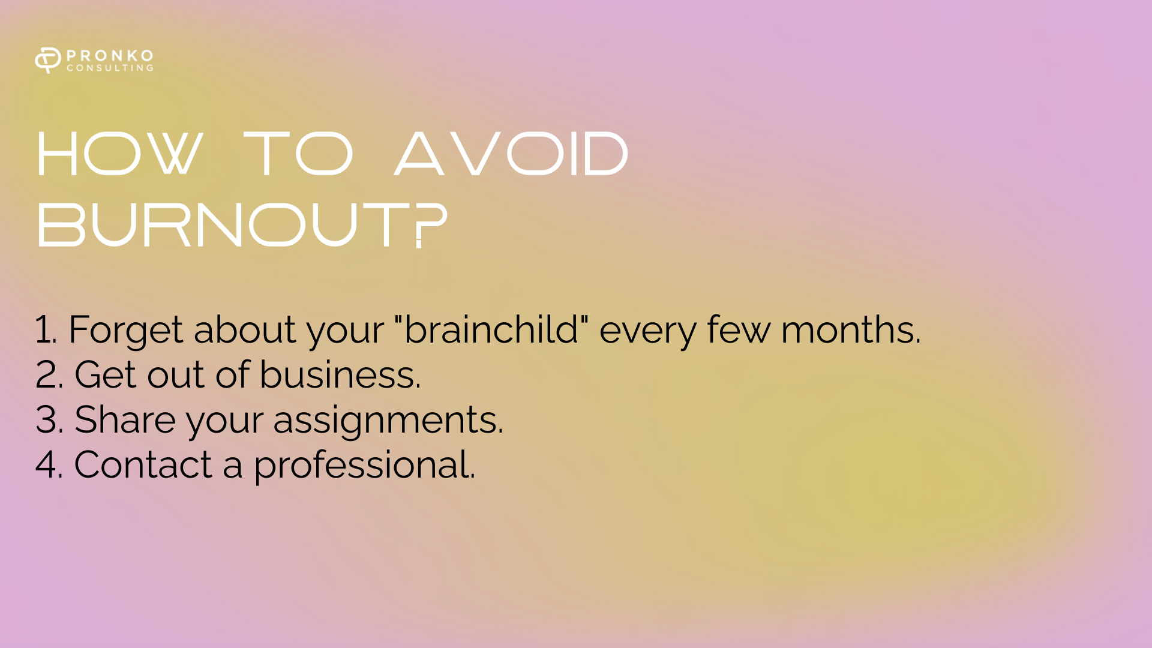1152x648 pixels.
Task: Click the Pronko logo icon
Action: click(48, 60)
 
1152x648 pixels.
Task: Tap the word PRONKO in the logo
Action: click(110, 55)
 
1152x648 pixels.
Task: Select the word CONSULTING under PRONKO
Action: click(110, 68)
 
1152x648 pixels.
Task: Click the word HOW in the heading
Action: click(119, 154)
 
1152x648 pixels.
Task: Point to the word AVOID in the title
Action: click(511, 154)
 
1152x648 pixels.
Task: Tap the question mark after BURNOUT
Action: click(431, 225)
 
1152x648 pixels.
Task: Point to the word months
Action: click(850, 329)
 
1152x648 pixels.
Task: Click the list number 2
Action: click(49, 374)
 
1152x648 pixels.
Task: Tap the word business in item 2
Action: click(340, 374)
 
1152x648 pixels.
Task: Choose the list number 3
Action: click(49, 419)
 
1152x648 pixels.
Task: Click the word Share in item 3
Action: click(125, 419)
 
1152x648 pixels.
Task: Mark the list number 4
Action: click(49, 464)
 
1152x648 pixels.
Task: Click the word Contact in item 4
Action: click(143, 464)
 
